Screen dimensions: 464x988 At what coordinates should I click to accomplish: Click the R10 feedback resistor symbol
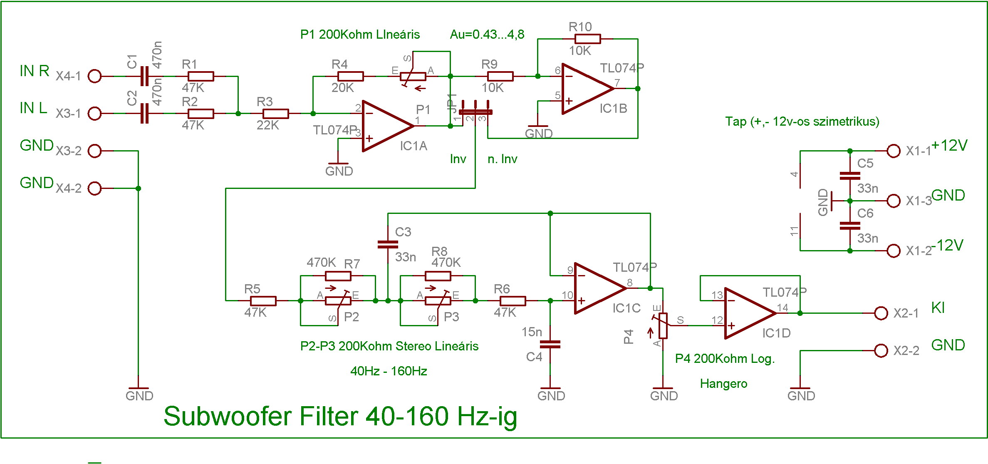(x=587, y=39)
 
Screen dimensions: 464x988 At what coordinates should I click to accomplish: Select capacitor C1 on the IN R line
(x=144, y=76)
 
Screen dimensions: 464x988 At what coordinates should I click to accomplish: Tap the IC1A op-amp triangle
(x=385, y=126)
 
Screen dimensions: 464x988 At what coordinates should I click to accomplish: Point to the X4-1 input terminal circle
(x=95, y=76)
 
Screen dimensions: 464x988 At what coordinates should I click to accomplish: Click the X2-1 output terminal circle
(x=881, y=313)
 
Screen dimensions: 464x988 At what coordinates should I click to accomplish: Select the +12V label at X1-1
(x=949, y=146)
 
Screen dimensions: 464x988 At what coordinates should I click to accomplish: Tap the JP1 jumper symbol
(x=475, y=112)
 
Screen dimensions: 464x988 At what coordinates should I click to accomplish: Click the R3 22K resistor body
(x=275, y=114)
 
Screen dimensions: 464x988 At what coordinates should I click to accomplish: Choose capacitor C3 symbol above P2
(x=388, y=244)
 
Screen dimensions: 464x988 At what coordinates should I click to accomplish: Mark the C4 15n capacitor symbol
(x=550, y=344)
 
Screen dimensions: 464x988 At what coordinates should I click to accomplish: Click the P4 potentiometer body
(x=663, y=326)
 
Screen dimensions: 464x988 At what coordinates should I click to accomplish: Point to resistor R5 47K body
(x=263, y=300)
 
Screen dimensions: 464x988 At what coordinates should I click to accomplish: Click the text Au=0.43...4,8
(x=487, y=34)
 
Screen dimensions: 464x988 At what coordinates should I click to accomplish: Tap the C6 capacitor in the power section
(x=850, y=226)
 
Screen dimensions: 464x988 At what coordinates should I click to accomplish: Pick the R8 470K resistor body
(x=438, y=276)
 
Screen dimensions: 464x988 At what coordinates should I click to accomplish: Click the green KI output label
(x=938, y=308)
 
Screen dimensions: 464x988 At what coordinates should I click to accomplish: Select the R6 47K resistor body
(x=513, y=300)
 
